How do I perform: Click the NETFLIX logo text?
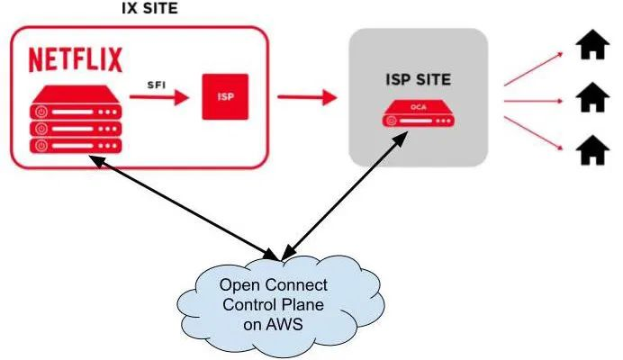pyautogui.click(x=77, y=60)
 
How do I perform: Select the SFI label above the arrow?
pyautogui.click(x=158, y=84)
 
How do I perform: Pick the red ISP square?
pyautogui.click(x=223, y=96)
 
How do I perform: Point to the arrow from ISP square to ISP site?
pyautogui.click(x=305, y=94)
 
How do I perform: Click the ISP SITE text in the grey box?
pyautogui.click(x=418, y=80)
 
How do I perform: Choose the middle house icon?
pyautogui.click(x=591, y=95)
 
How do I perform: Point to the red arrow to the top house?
pyautogui.click(x=537, y=67)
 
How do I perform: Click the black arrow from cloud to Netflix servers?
pyautogui.click(x=179, y=203)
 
